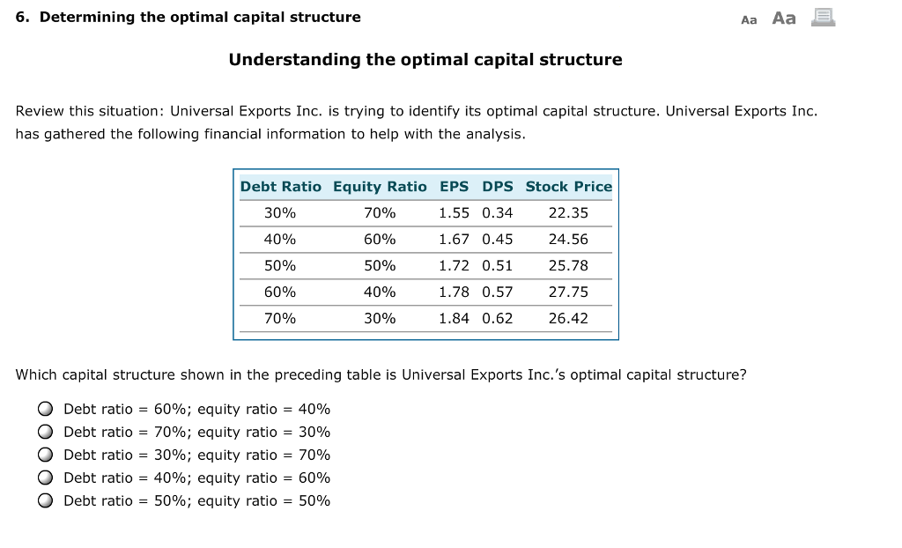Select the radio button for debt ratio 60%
[44, 409]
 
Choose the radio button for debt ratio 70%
[44, 432]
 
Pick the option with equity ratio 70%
[44, 455]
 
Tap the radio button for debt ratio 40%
[44, 478]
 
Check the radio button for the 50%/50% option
[44, 500]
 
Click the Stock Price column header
[568, 187]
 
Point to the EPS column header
[454, 187]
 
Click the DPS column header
[497, 187]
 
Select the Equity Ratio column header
[380, 187]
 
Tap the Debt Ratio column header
[281, 187]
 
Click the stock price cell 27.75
[568, 292]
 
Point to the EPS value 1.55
[454, 212]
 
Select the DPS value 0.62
[497, 318]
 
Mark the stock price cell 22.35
[568, 212]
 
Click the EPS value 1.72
[454, 265]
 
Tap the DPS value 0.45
[497, 239]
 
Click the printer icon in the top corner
[823, 17]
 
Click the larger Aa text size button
[784, 18]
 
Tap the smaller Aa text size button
[749, 19]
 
